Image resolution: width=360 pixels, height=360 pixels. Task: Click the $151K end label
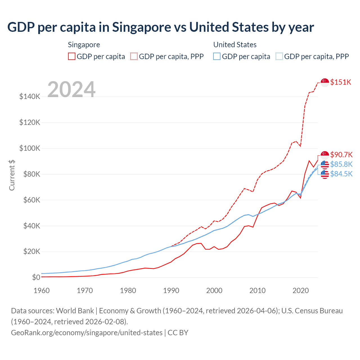pos(341,82)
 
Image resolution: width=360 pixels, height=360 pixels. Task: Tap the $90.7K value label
pos(341,155)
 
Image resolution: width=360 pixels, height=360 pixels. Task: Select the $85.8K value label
pos(341,164)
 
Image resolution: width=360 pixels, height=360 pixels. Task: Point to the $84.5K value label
pos(341,174)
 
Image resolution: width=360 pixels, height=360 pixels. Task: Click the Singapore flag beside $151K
pos(325,82)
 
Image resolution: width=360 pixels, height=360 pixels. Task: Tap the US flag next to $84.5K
pos(325,174)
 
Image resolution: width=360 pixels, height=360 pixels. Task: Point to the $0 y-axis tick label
pos(36,277)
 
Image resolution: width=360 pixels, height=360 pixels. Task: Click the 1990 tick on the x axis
pos(171,291)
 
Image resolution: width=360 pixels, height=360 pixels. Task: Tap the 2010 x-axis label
pos(257,291)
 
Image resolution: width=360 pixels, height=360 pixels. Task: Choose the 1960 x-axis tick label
pos(42,291)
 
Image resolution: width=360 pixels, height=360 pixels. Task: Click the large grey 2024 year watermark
pos(71,89)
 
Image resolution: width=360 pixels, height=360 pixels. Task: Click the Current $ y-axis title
pos(12,175)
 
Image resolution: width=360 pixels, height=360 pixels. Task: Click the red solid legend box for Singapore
pos(72,57)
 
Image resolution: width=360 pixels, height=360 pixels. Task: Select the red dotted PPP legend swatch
pos(134,57)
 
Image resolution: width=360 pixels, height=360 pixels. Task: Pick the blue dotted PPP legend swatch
pos(279,57)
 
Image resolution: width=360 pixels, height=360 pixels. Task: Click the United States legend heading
pos(235,45)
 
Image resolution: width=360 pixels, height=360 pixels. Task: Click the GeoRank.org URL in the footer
pos(87,333)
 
